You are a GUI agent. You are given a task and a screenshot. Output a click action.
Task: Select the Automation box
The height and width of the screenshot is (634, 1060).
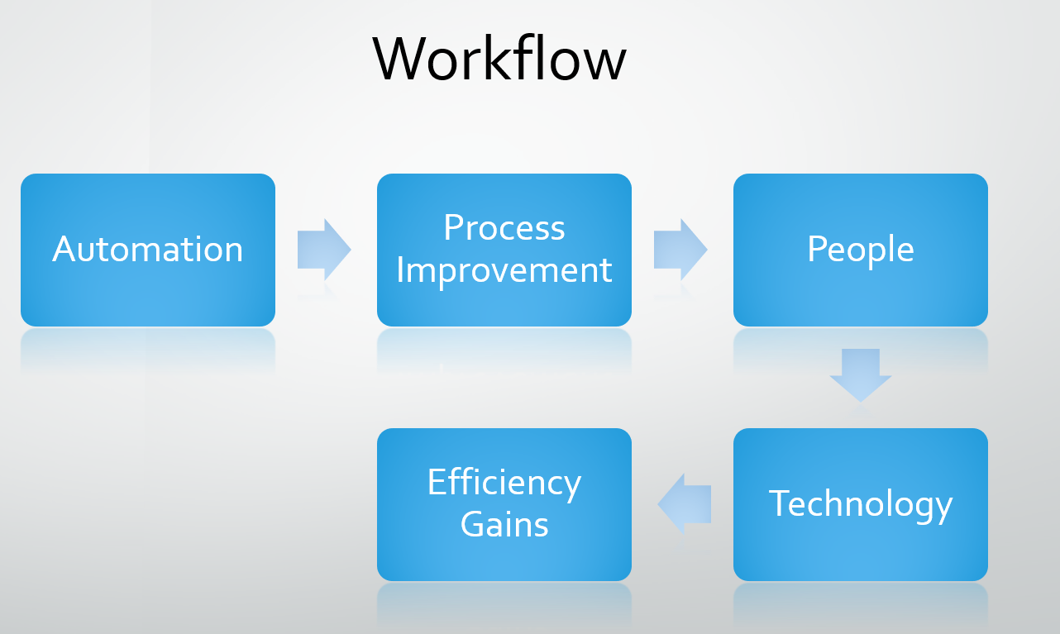pyautogui.click(x=148, y=250)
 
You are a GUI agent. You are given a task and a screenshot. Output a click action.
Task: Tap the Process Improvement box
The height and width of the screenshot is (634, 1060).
pyautogui.click(x=504, y=250)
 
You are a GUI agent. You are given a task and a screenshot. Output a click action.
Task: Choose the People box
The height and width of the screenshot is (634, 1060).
pyautogui.click(x=860, y=250)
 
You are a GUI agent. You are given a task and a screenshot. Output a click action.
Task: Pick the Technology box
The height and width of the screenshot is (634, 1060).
pyautogui.click(x=860, y=504)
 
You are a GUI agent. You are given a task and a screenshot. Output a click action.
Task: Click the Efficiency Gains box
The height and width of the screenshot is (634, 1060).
pyautogui.click(x=504, y=504)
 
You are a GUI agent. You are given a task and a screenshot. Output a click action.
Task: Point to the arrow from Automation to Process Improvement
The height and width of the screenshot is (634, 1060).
pyautogui.click(x=324, y=250)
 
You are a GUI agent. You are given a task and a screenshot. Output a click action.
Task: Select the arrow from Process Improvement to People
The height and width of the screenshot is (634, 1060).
pyautogui.click(x=680, y=250)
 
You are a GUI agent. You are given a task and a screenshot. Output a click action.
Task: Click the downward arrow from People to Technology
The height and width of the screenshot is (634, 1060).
pyautogui.click(x=860, y=375)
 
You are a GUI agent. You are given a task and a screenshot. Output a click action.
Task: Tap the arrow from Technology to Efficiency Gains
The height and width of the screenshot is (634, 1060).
pyautogui.click(x=685, y=504)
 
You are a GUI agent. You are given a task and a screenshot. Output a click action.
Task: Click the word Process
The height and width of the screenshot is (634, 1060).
pyautogui.click(x=504, y=227)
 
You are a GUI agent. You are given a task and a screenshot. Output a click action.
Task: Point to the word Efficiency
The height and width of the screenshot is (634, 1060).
pyautogui.click(x=504, y=484)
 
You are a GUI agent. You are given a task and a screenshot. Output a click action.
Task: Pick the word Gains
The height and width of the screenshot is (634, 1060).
pyautogui.click(x=504, y=524)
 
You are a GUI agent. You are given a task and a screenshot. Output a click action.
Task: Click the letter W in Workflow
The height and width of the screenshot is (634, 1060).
pyautogui.click(x=399, y=60)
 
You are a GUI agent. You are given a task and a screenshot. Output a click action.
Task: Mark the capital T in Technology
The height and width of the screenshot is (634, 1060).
pyautogui.click(x=781, y=503)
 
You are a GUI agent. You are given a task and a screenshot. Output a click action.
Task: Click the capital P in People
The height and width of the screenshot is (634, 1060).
pyautogui.click(x=818, y=249)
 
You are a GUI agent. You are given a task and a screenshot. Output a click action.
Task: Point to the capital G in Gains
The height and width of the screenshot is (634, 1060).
pyautogui.click(x=473, y=524)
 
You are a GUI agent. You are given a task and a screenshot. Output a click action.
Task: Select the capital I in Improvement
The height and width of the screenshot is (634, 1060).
pyautogui.click(x=400, y=270)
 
